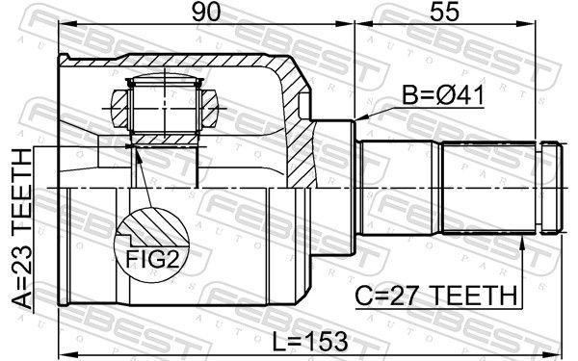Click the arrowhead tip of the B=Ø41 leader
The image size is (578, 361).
(x=357, y=119)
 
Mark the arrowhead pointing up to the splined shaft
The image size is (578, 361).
(x=523, y=240)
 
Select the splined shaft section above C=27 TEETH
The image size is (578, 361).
(x=486, y=188)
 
